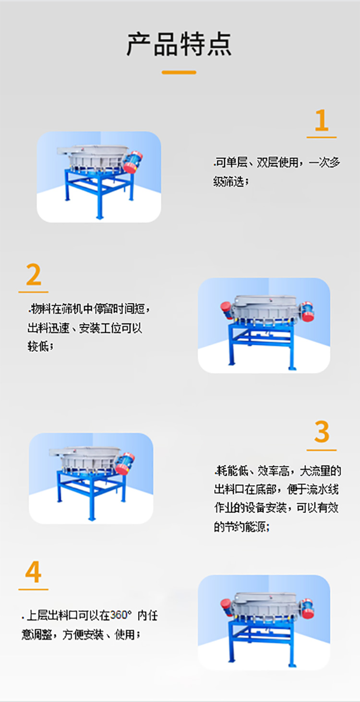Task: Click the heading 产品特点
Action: [179, 44]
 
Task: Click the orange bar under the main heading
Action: [179, 73]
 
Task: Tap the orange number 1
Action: [322, 121]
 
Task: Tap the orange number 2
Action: [34, 275]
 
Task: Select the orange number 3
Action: [322, 432]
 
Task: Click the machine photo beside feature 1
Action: [99, 177]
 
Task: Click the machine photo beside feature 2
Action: [264, 325]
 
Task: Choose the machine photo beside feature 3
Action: [91, 478]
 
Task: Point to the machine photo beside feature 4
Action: [264, 622]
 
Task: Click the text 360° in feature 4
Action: [121, 616]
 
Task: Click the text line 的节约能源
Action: [241, 527]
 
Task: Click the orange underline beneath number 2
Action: [34, 292]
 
